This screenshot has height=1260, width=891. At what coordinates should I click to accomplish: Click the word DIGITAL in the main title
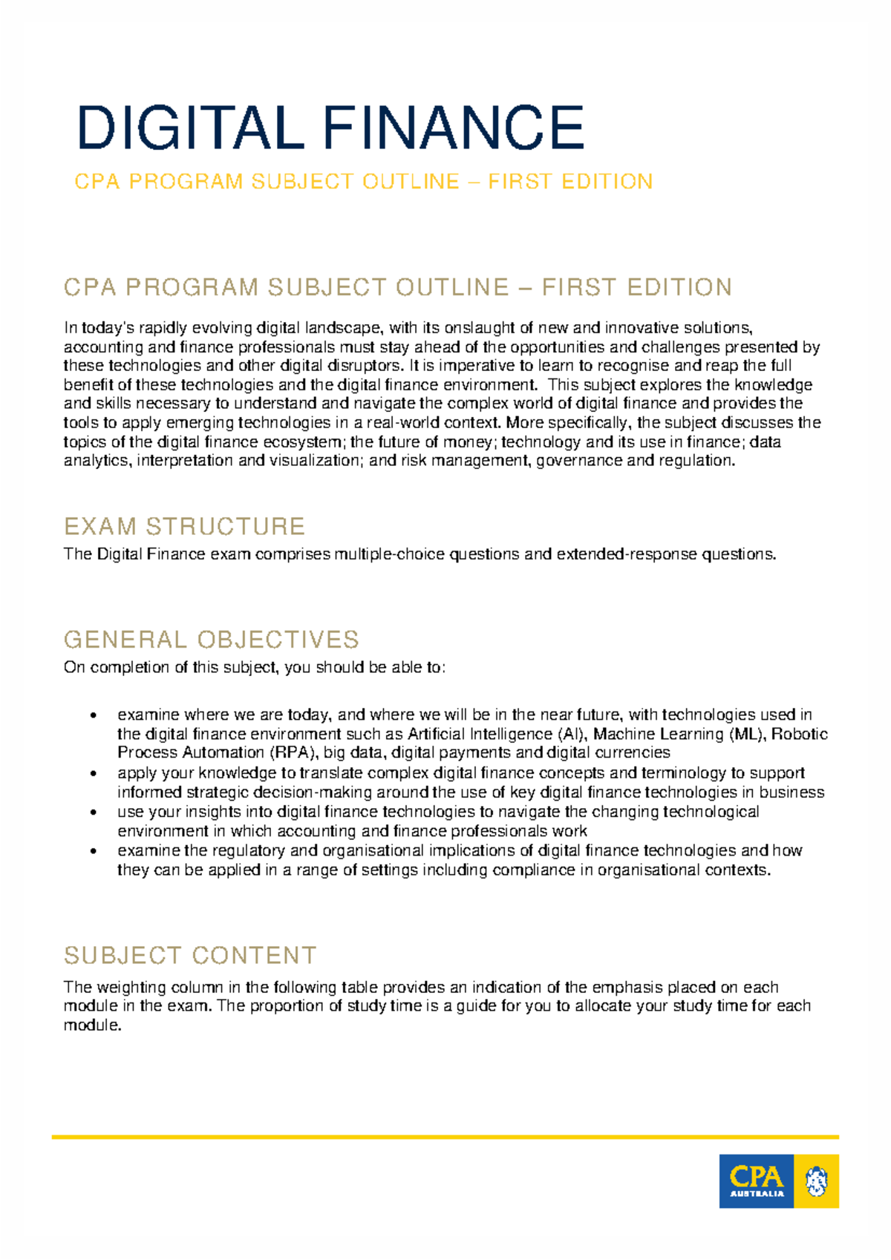[190, 128]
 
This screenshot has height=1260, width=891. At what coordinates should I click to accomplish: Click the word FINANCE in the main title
[453, 128]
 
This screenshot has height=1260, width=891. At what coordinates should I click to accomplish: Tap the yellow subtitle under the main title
[363, 182]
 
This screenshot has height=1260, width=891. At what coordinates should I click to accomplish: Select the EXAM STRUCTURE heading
[184, 526]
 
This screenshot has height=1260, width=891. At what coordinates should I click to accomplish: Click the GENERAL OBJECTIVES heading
[211, 639]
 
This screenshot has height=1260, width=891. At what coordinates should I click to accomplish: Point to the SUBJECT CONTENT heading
[190, 955]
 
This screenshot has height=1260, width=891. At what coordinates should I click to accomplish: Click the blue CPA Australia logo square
[756, 1181]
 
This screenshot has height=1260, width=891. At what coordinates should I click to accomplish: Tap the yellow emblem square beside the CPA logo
[816, 1181]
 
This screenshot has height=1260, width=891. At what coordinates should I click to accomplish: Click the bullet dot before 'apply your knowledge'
[93, 773]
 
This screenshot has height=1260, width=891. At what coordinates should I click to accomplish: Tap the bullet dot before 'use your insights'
[93, 812]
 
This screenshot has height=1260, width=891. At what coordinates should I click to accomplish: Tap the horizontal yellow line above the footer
[445, 1137]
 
